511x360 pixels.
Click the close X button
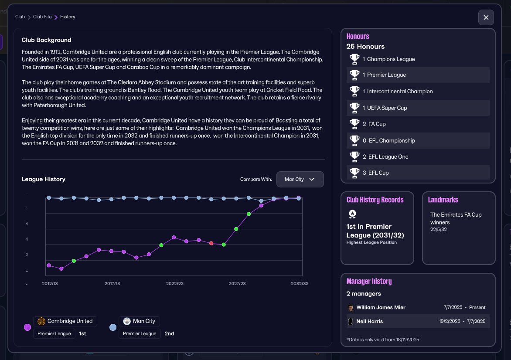tap(486, 17)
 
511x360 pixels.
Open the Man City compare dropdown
tap(300, 179)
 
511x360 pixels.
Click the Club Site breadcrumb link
tap(42, 17)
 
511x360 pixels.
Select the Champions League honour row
tap(418, 59)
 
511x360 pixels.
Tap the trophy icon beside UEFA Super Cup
tap(354, 108)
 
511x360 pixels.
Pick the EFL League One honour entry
tap(418, 156)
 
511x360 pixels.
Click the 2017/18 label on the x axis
tap(112, 283)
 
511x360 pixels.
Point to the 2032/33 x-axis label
tap(300, 283)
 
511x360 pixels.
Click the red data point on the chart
tap(211, 243)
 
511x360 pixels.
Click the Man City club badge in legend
tap(127, 321)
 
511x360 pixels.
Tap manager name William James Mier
tap(381, 307)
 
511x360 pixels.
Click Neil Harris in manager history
tap(369, 321)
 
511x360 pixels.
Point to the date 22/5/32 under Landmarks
tap(438, 229)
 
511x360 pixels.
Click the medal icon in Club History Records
tap(352, 214)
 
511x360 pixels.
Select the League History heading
tap(44, 179)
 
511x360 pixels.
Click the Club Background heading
tap(46, 40)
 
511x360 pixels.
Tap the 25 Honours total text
tap(365, 47)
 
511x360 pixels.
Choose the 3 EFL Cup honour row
tap(418, 173)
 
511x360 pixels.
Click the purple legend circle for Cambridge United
tap(27, 327)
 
